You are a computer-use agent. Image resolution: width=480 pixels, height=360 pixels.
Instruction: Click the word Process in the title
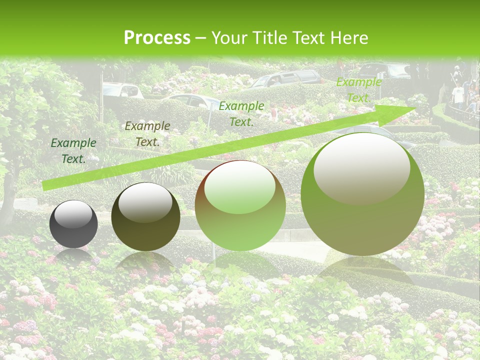pos(157,37)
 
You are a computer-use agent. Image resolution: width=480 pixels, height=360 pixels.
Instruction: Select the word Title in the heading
pos(270,37)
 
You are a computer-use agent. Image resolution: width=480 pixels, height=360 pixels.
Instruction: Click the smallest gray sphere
pos(73,224)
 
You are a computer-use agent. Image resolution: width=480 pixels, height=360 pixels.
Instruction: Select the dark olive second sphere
pos(145,217)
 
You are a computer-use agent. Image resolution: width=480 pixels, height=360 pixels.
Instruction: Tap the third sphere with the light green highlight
pos(240,205)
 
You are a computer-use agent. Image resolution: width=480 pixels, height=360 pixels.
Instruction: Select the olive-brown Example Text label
pos(147,134)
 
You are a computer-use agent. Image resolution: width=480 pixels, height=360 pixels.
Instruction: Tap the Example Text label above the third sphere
pos(241,113)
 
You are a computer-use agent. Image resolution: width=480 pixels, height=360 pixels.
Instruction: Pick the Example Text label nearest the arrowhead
pos(358,90)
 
